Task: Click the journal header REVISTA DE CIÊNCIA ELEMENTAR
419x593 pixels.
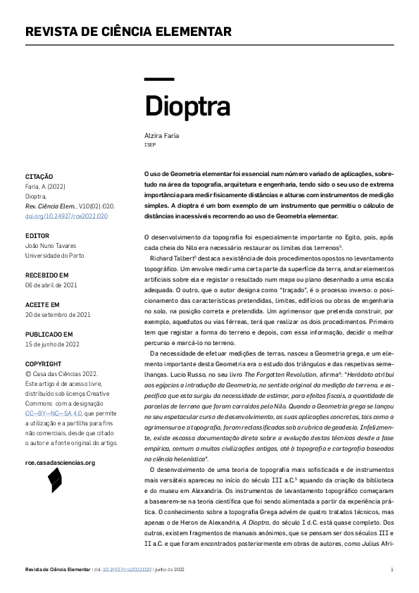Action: pyautogui.click(x=128, y=32)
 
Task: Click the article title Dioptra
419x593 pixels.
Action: pyautogui.click(x=187, y=106)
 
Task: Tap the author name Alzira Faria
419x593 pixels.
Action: pyautogui.click(x=161, y=134)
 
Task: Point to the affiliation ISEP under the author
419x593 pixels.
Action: pyautogui.click(x=149, y=144)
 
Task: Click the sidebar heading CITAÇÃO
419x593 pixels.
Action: pyautogui.click(x=39, y=176)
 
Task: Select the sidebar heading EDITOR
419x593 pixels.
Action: pyautogui.click(x=37, y=235)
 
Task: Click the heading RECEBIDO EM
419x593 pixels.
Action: pyautogui.click(x=46, y=275)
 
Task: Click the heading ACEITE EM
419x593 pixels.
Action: pyautogui.click(x=42, y=304)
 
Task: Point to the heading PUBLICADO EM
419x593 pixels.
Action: pyautogui.click(x=49, y=334)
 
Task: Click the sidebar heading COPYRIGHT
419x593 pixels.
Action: pyautogui.click(x=43, y=363)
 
